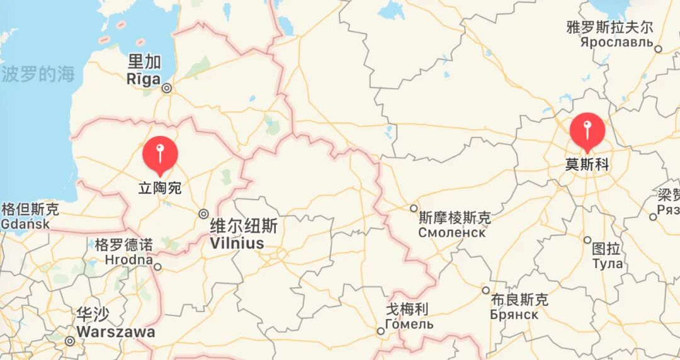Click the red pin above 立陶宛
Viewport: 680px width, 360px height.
tap(160, 154)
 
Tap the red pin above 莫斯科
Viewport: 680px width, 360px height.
tap(587, 130)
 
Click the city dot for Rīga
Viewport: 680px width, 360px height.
tap(167, 89)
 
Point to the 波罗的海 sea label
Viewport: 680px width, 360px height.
tap(38, 74)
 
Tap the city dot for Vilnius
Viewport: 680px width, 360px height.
tap(203, 213)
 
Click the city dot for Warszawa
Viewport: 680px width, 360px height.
tap(70, 341)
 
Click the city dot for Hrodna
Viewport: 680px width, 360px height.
tap(158, 267)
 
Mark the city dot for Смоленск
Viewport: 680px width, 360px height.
tap(414, 208)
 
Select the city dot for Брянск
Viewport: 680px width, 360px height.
tap(485, 290)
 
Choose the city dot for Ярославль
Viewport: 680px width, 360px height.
tap(658, 48)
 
